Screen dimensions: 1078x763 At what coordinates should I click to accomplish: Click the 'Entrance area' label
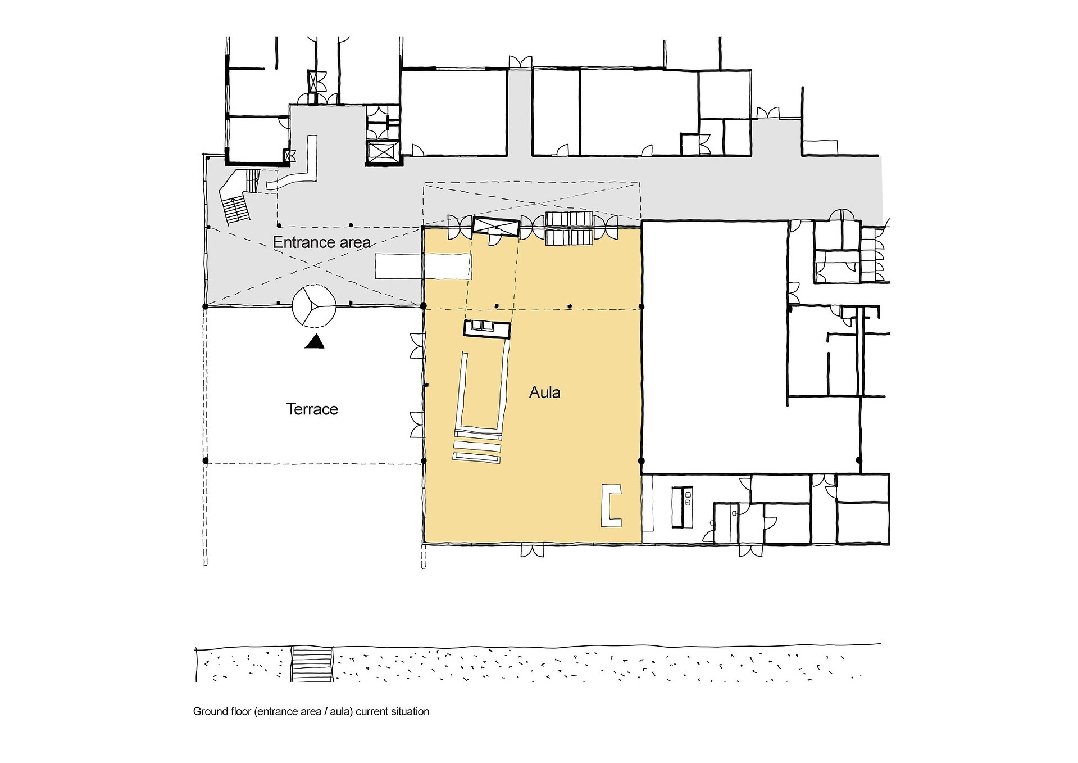321,243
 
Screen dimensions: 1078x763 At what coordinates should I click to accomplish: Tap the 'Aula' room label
545,392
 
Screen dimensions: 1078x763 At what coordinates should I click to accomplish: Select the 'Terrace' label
312,409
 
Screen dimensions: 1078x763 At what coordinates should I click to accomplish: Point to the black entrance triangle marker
315,341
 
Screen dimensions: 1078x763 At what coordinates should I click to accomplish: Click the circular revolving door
314,306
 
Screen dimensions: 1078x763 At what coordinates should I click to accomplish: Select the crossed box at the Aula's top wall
495,227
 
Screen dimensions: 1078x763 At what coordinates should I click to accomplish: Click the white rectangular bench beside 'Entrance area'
423,266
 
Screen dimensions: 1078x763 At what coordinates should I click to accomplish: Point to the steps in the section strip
312,664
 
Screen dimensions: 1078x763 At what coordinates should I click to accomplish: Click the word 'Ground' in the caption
210,711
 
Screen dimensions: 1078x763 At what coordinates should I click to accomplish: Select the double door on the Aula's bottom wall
533,550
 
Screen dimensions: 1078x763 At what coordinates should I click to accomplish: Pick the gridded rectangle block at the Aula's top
570,228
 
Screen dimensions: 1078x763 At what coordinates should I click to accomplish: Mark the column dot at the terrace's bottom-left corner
206,460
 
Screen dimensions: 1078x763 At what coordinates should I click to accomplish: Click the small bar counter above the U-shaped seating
487,328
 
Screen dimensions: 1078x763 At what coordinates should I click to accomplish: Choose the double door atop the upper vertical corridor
520,62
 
